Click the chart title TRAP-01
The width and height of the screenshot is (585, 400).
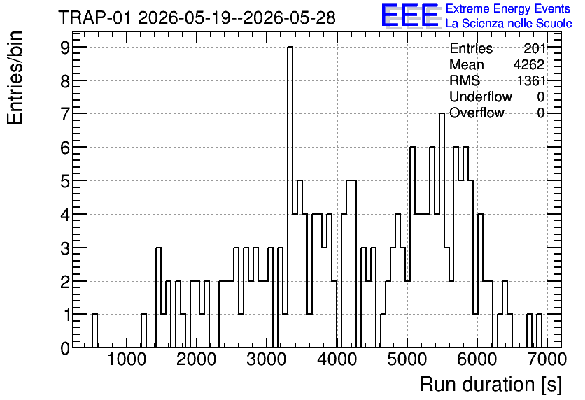(x=94, y=17)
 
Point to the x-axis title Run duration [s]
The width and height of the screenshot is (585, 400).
(x=491, y=385)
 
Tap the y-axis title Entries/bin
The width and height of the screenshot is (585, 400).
(x=15, y=78)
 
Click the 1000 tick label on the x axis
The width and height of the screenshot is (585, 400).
(x=127, y=359)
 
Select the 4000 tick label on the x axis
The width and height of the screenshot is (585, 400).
(x=337, y=359)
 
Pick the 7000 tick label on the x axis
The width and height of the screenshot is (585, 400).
(x=547, y=359)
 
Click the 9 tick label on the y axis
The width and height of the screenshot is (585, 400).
(x=65, y=48)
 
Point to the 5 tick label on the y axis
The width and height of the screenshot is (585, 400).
(x=65, y=181)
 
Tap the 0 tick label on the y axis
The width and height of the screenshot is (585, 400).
(x=65, y=348)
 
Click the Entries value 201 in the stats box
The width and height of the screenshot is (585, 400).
(x=534, y=48)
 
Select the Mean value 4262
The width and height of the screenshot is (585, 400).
(x=528, y=64)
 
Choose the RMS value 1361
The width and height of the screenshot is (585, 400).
(x=530, y=80)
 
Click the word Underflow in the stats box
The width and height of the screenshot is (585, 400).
(x=481, y=97)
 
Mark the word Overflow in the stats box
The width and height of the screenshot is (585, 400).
(x=477, y=113)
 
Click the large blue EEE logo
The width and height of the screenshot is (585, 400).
(x=410, y=15)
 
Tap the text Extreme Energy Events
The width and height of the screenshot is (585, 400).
(x=508, y=8)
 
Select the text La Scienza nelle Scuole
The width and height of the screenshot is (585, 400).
(x=509, y=24)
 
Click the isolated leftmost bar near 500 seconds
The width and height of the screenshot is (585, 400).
(x=94, y=331)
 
